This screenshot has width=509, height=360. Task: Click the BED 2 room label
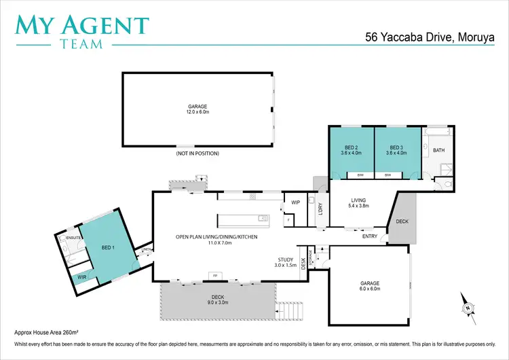[351, 150]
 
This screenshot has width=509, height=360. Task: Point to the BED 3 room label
[397, 150]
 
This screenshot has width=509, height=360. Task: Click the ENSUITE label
[74, 237]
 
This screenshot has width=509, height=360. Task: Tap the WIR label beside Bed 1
[82, 277]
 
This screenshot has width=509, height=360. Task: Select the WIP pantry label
[295, 202]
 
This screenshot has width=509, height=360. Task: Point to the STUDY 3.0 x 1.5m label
[286, 262]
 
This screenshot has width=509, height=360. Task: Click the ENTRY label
[370, 236]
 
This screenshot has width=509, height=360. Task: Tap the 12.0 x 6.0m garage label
[197, 110]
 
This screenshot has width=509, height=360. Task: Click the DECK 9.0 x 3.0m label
[217, 300]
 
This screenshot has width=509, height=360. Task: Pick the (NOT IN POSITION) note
[197, 154]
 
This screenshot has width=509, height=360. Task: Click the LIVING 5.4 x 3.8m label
[358, 202]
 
